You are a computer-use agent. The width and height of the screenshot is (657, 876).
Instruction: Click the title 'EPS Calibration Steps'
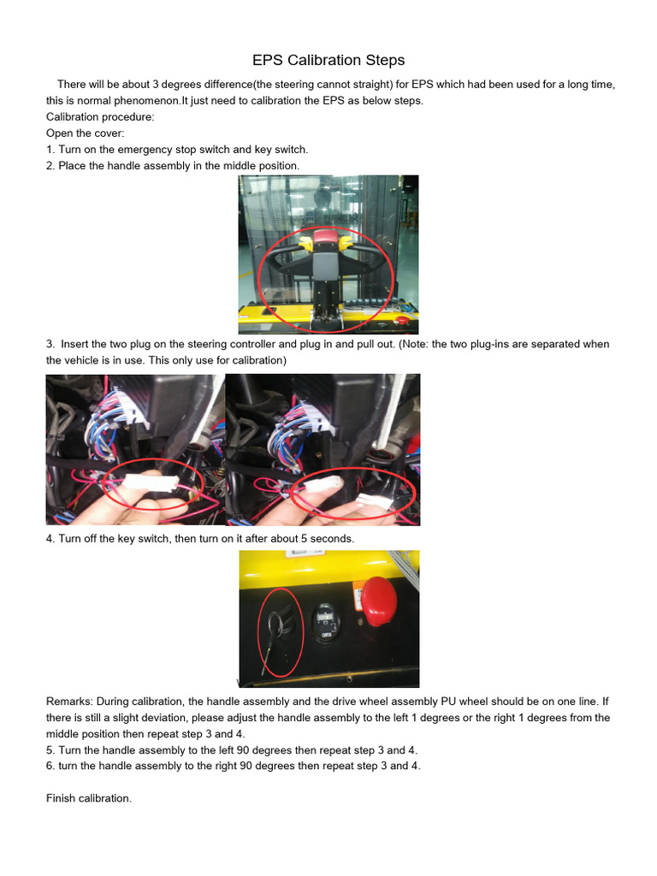click(328, 60)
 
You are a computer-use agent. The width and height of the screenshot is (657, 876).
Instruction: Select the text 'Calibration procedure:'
click(100, 116)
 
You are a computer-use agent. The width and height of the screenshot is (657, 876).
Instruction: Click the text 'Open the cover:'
click(85, 133)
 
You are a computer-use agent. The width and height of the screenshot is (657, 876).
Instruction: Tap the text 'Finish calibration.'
click(88, 798)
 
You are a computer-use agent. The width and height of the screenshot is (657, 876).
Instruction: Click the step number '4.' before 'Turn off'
click(50, 539)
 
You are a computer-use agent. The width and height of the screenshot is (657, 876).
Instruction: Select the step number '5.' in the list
click(50, 750)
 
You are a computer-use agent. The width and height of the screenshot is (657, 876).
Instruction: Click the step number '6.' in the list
click(50, 766)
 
